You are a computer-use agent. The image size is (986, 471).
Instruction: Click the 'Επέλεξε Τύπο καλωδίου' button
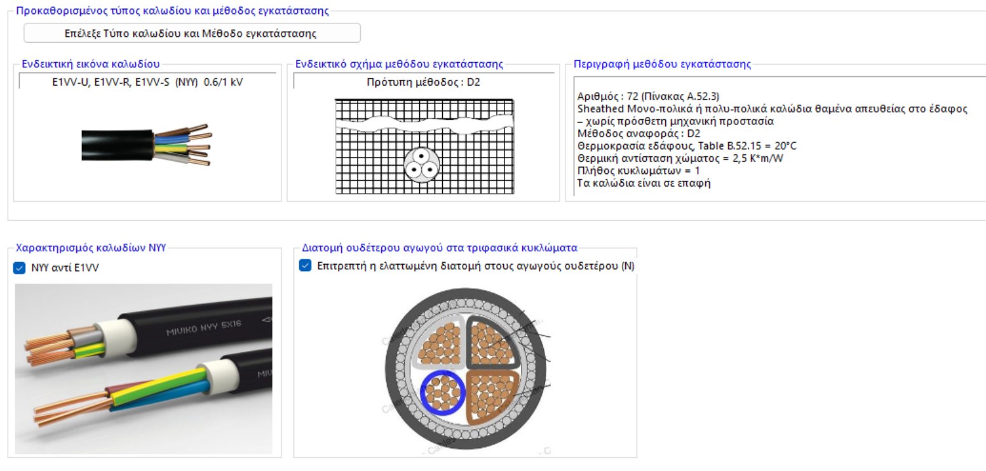point(192,33)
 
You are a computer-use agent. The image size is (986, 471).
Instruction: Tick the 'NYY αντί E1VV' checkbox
point(19,269)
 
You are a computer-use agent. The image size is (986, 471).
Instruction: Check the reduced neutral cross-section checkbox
point(305,266)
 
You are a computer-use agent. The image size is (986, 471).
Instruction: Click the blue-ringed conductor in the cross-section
point(443,394)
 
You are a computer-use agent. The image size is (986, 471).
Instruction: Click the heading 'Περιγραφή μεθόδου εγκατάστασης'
point(662,64)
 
